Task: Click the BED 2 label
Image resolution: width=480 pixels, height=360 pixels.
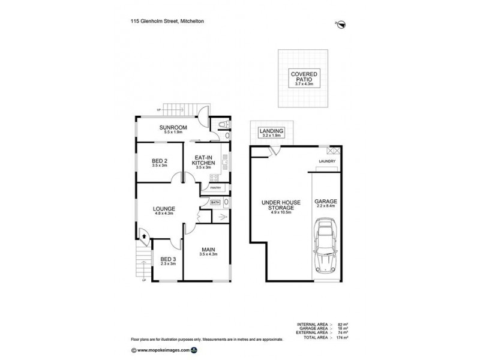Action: (x=160, y=160)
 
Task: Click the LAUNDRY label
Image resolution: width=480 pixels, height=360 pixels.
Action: (x=327, y=161)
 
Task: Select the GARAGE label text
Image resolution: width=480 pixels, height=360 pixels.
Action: (x=325, y=202)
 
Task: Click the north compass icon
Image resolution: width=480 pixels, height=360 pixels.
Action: (x=341, y=24)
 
